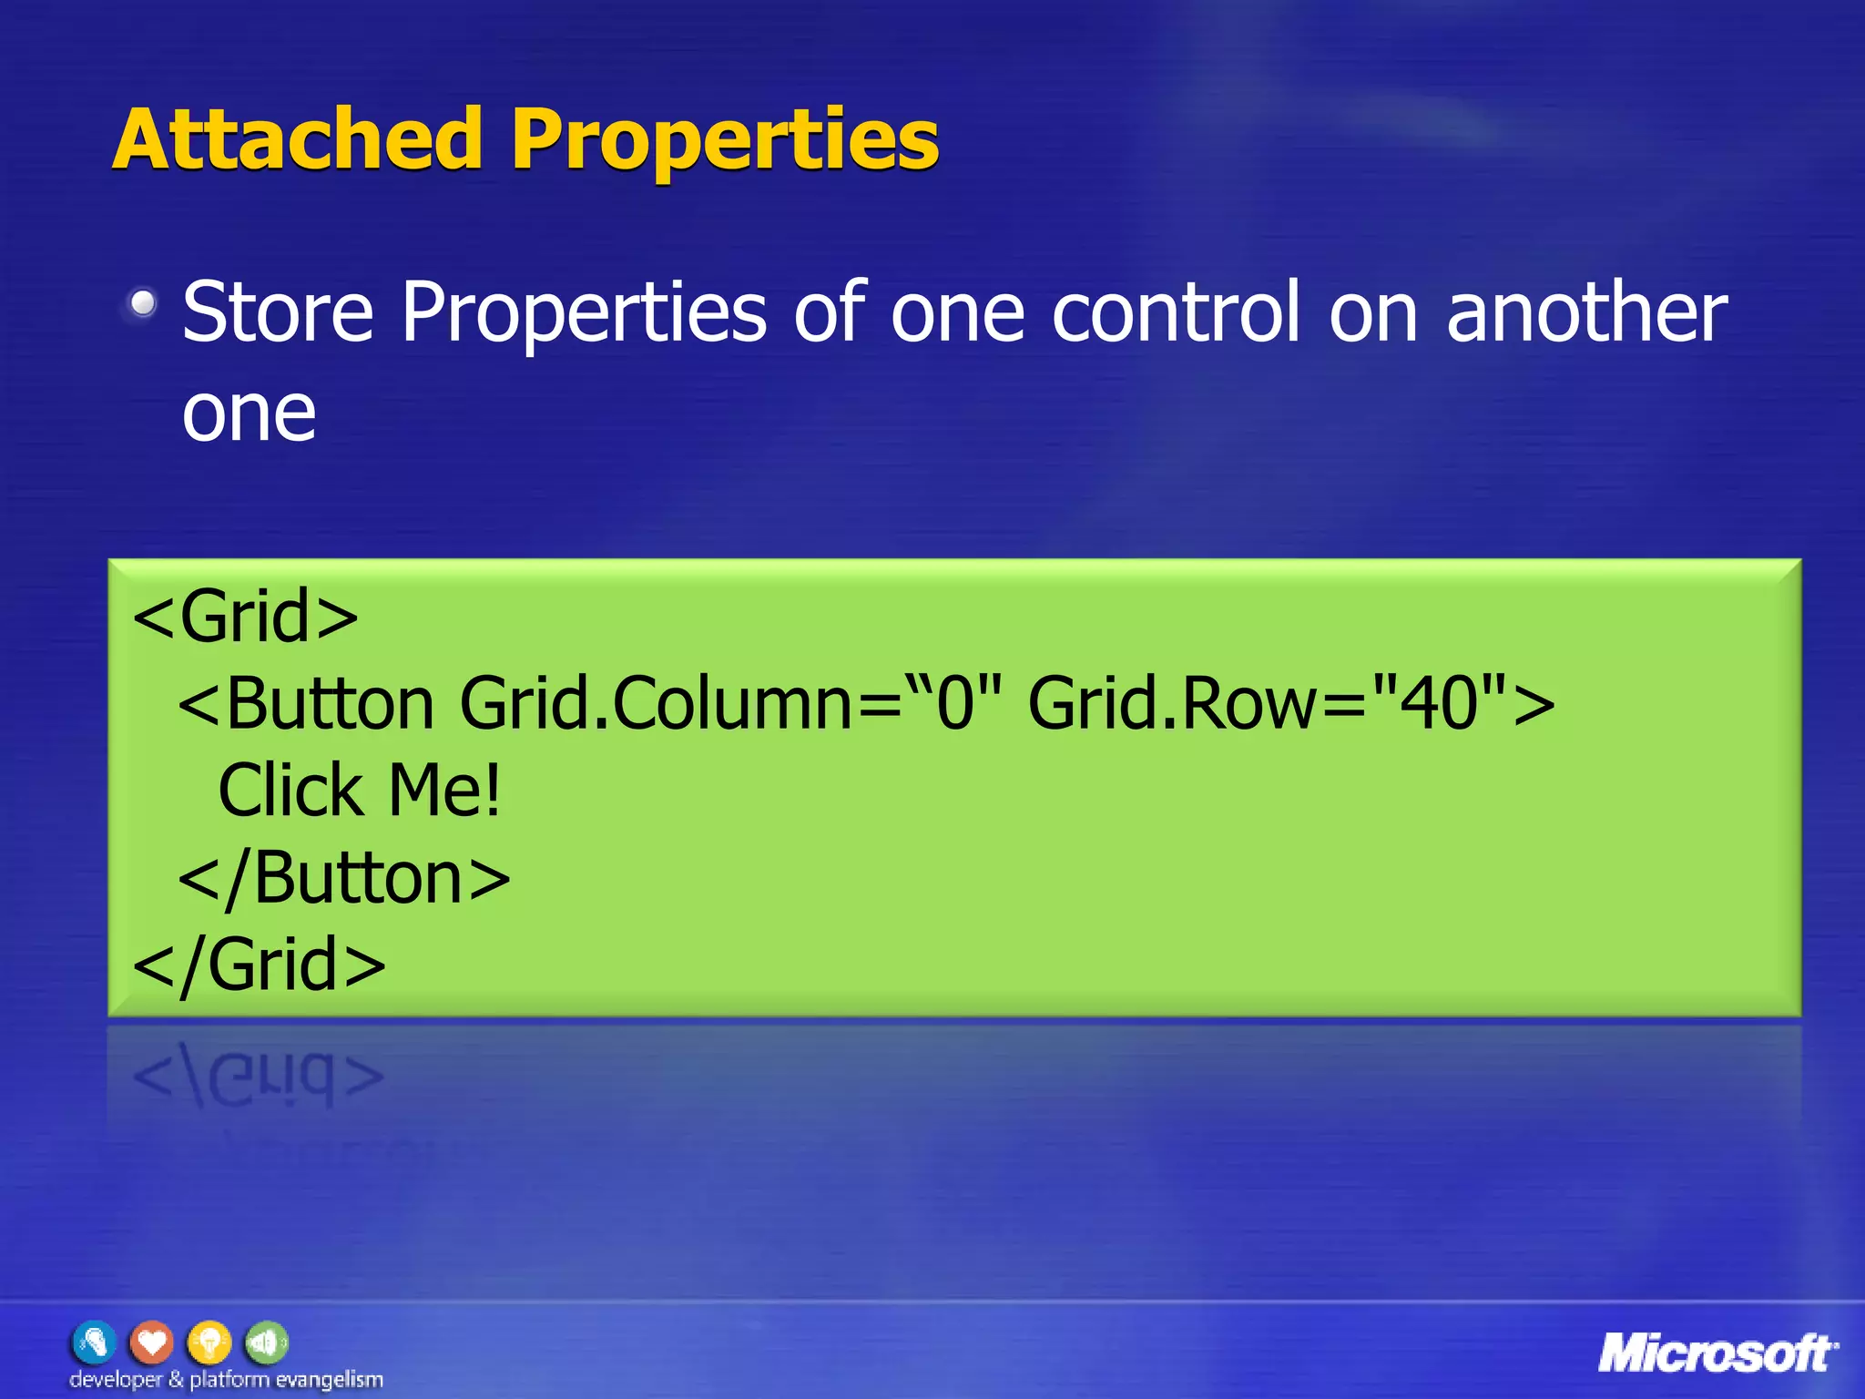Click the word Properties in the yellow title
pyautogui.click(x=725, y=141)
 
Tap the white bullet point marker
pyautogui.click(x=142, y=302)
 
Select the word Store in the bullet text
pyautogui.click(x=278, y=312)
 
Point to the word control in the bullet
pyautogui.click(x=1176, y=312)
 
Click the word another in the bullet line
pyautogui.click(x=1585, y=312)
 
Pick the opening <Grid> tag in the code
pyautogui.click(x=246, y=617)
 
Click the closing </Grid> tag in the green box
pyautogui.click(x=260, y=965)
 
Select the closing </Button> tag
pyautogui.click(x=344, y=878)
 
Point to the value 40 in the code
pyautogui.click(x=1438, y=703)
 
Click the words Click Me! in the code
pyautogui.click(x=360, y=791)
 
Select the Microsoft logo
pyautogui.click(x=1716, y=1353)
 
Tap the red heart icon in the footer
pyautogui.click(x=151, y=1343)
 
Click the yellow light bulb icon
pyautogui.click(x=209, y=1343)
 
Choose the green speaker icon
pyautogui.click(x=266, y=1343)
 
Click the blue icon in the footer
pyautogui.click(x=95, y=1343)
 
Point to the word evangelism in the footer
pyautogui.click(x=329, y=1380)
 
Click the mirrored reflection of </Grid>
pyautogui.click(x=260, y=1075)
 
